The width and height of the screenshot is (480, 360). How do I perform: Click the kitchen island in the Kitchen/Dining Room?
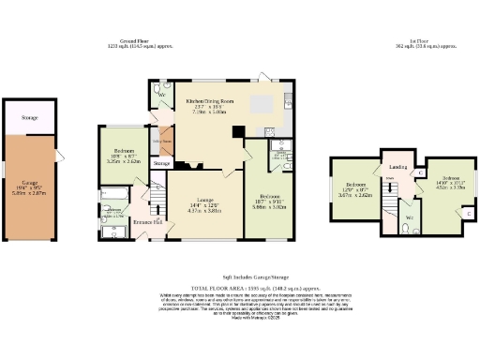pos(262,102)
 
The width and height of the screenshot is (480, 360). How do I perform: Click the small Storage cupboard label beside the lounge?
pos(162,164)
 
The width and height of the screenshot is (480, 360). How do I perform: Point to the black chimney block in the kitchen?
pos(240,132)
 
